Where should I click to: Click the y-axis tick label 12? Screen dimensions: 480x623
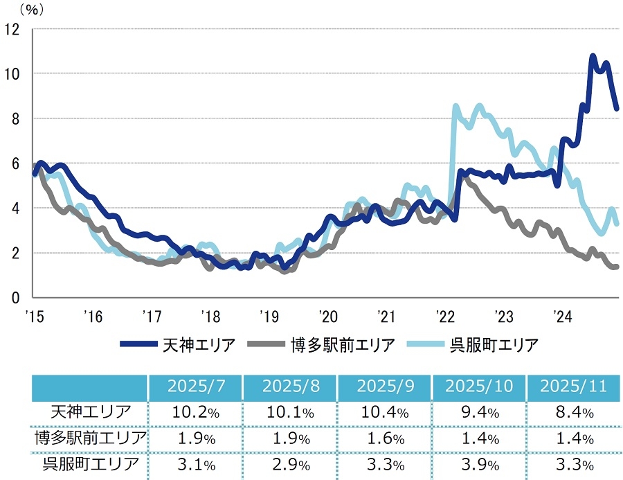pos(12,29)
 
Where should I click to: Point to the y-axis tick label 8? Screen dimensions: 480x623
pos(16,118)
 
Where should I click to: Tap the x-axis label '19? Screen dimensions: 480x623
pos(269,317)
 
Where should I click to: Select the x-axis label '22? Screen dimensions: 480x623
pos(444,317)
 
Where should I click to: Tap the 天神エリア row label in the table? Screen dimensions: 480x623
pos(90,413)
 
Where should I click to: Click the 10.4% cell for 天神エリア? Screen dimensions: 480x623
pos(383,413)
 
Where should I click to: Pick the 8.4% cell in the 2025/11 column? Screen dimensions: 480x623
pos(572,413)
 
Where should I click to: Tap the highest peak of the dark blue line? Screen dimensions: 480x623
pos(593,55)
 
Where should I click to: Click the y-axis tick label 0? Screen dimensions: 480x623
pos(16,298)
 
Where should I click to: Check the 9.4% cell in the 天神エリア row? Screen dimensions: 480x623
pos(478,413)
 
